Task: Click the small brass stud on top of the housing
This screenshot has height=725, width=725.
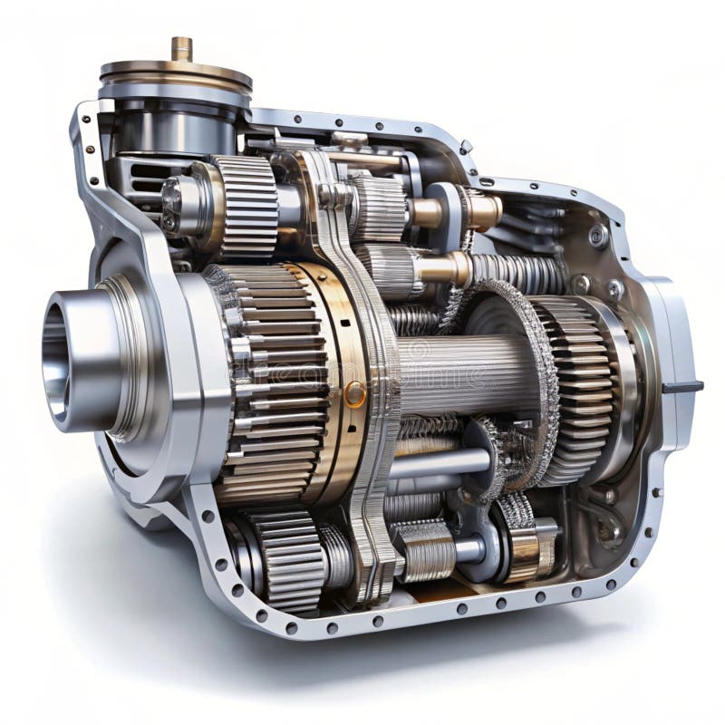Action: (x=182, y=48)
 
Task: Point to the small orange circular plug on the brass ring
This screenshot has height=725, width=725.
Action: (x=355, y=393)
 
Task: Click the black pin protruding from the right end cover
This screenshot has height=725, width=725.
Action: (x=681, y=387)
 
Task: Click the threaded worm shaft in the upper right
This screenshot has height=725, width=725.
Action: (x=517, y=269)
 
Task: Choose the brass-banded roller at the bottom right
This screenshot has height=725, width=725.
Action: (x=530, y=548)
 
